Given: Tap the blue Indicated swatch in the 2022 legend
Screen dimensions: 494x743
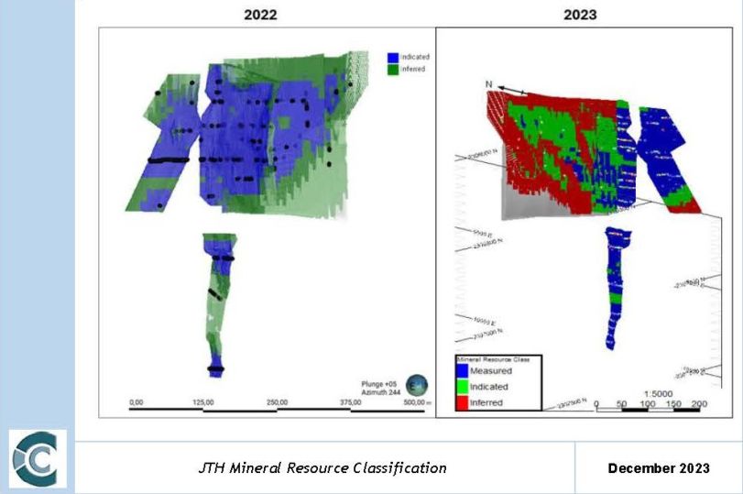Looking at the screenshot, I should tap(391, 57).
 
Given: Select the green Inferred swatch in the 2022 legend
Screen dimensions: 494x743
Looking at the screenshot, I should tap(391, 69).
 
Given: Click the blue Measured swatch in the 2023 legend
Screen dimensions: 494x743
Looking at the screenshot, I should tap(462, 371).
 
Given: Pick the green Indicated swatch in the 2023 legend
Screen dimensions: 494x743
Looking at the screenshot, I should tap(462, 387).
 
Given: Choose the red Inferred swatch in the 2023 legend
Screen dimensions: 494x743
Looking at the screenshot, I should tap(462, 402).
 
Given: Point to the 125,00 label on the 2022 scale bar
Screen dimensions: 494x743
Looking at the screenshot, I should tap(202, 402).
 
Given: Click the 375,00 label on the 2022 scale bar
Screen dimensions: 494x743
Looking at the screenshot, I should tap(351, 402).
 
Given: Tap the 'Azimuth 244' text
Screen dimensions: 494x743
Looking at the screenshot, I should tap(377, 390).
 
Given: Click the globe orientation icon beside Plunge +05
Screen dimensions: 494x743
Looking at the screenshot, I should tap(418, 384).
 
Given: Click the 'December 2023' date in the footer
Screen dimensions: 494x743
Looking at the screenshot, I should tap(659, 468).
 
